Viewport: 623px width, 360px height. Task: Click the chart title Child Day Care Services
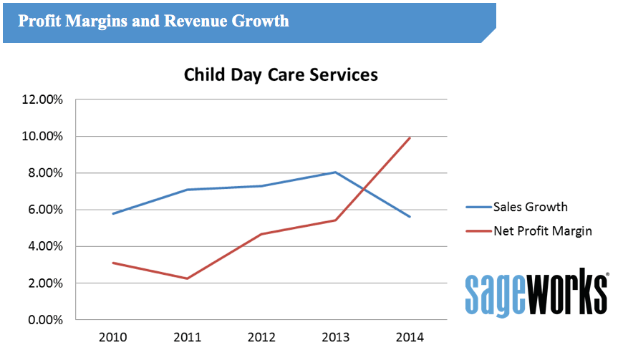coord(281,74)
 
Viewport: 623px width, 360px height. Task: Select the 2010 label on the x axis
coord(113,336)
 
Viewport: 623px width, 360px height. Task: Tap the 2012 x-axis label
coord(261,336)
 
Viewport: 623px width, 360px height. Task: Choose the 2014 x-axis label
coord(410,336)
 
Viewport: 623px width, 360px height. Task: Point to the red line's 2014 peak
coord(410,137)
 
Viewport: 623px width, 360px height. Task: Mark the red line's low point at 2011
coord(188,278)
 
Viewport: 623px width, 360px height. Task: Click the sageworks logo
coord(536,292)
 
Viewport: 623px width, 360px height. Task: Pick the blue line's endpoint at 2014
coord(410,217)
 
